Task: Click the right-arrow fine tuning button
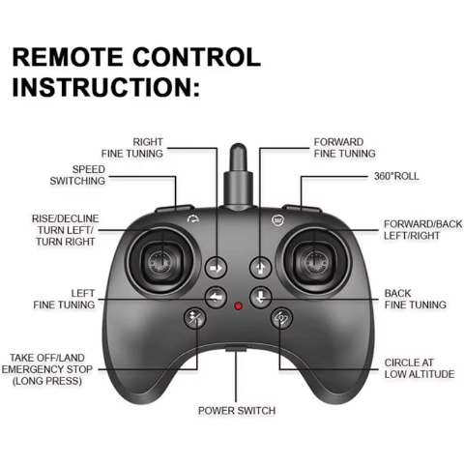click(x=216, y=268)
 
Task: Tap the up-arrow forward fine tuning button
click(x=261, y=268)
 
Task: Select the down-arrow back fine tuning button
click(x=261, y=297)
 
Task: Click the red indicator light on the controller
click(x=238, y=305)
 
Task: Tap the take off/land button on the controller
click(x=194, y=318)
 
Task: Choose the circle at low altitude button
click(x=281, y=318)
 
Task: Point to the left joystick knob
click(x=160, y=261)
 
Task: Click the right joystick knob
click(x=315, y=261)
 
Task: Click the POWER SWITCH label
click(x=237, y=411)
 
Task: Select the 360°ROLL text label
click(x=396, y=176)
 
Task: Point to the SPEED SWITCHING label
click(x=77, y=175)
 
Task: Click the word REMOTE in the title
click(x=68, y=57)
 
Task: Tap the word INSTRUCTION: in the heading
click(x=106, y=87)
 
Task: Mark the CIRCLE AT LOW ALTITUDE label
click(x=420, y=368)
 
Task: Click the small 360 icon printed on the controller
click(x=277, y=219)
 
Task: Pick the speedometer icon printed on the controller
click(x=192, y=219)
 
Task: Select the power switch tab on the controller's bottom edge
click(x=236, y=349)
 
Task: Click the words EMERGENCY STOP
click(x=47, y=369)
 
